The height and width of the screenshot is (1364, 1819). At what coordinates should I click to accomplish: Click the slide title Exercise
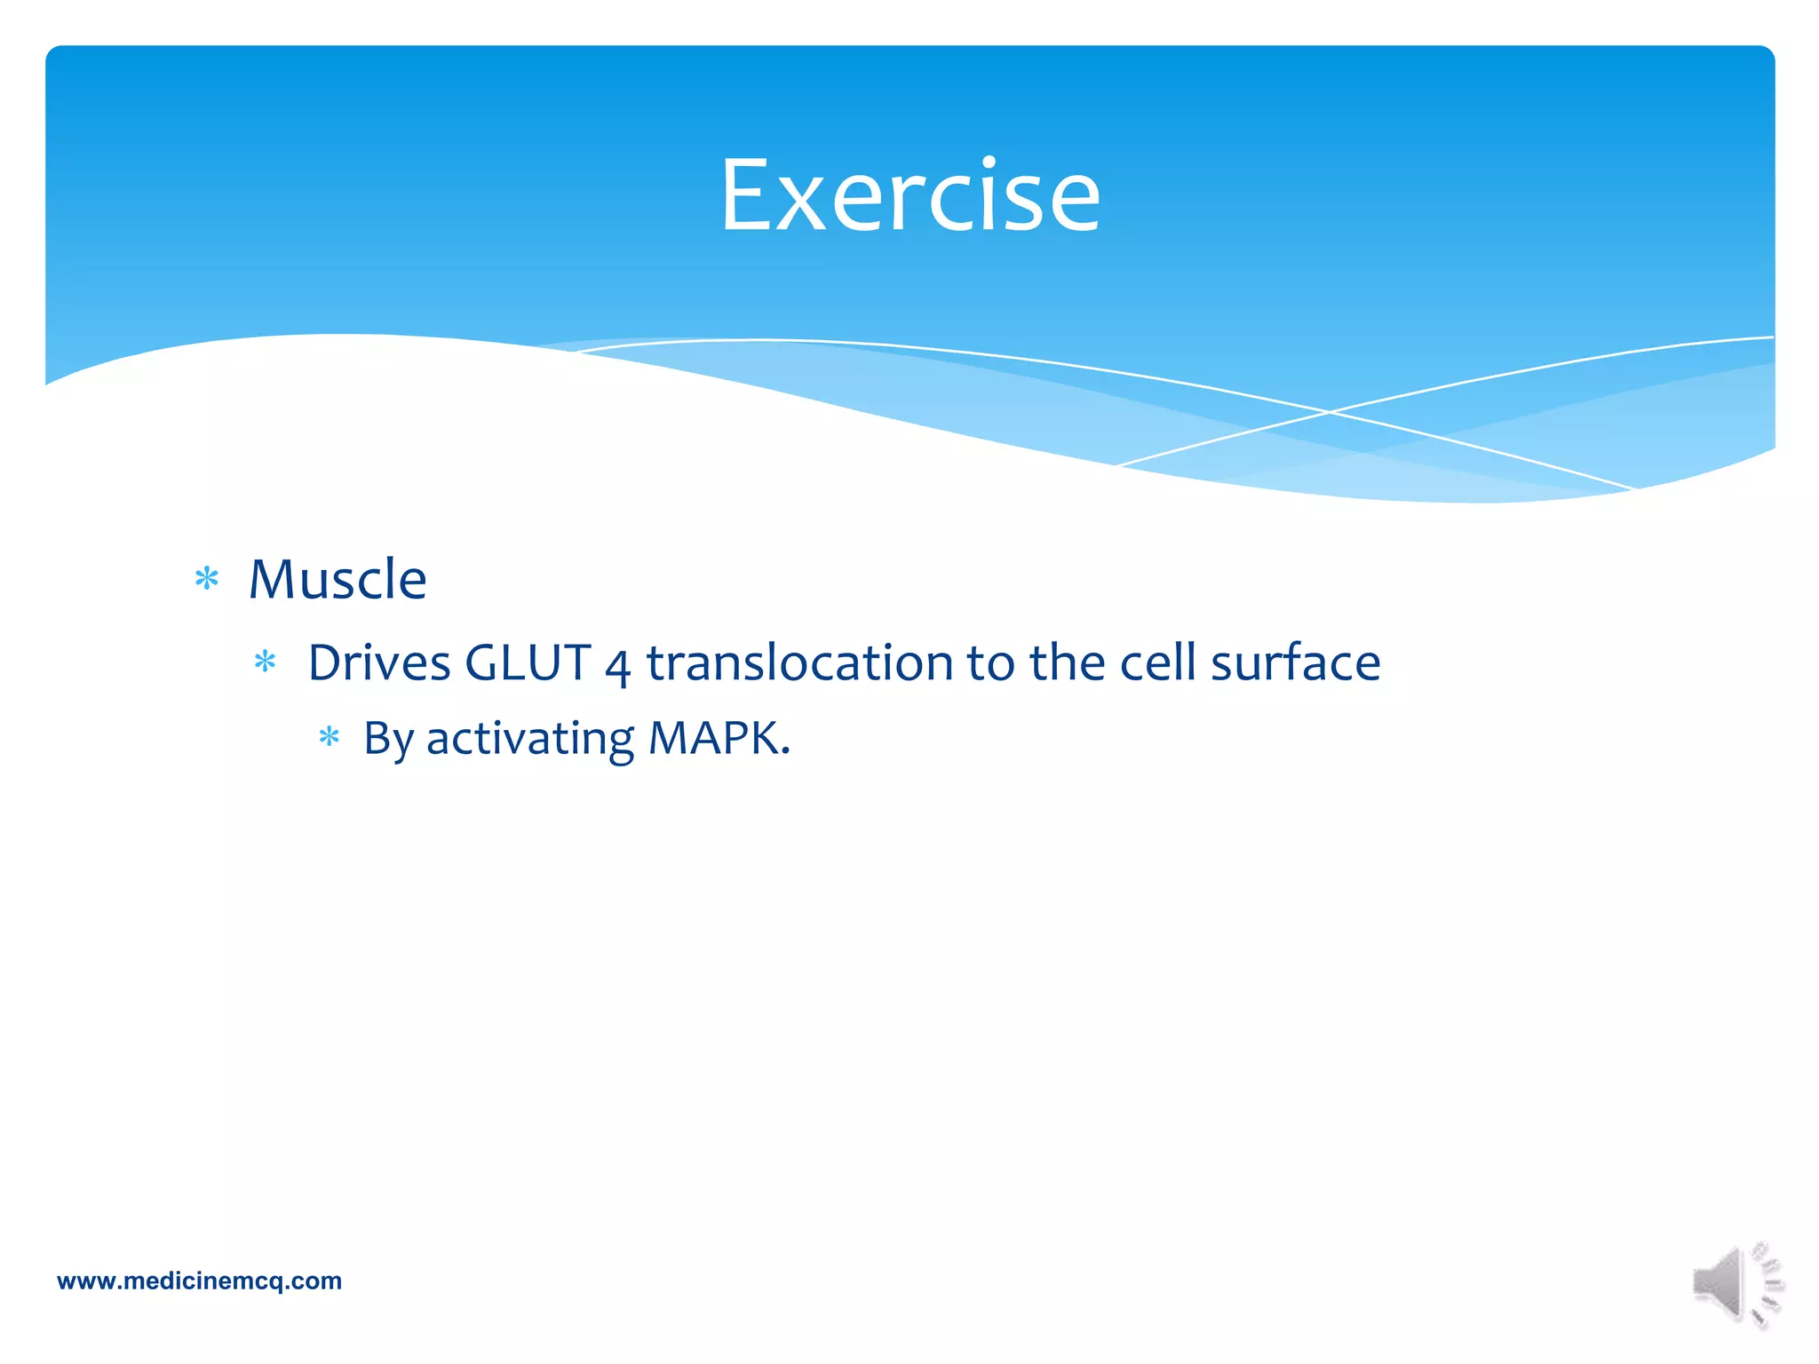[x=909, y=195]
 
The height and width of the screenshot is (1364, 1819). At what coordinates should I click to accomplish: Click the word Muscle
[x=338, y=580]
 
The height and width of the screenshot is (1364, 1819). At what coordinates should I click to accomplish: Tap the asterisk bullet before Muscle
[x=206, y=580]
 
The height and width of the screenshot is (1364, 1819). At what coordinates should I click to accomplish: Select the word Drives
[x=379, y=663]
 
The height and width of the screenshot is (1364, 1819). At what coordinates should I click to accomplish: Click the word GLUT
[x=528, y=663]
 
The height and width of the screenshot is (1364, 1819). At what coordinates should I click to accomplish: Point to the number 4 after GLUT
[x=618, y=666]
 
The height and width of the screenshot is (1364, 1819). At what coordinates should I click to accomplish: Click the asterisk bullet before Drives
[x=265, y=662]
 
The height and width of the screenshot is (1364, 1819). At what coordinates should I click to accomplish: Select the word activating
[x=530, y=740]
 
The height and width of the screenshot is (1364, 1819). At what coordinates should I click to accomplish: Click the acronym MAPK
[x=718, y=738]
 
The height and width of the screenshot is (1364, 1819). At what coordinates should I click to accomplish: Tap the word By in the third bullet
[x=388, y=740]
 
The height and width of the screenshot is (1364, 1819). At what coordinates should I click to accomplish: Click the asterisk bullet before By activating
[x=329, y=738]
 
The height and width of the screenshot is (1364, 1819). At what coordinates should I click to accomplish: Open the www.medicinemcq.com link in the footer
[x=199, y=1281]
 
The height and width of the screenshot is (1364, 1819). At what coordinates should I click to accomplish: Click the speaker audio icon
[x=1736, y=1284]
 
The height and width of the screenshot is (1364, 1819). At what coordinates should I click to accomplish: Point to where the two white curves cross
[x=1330, y=412]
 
